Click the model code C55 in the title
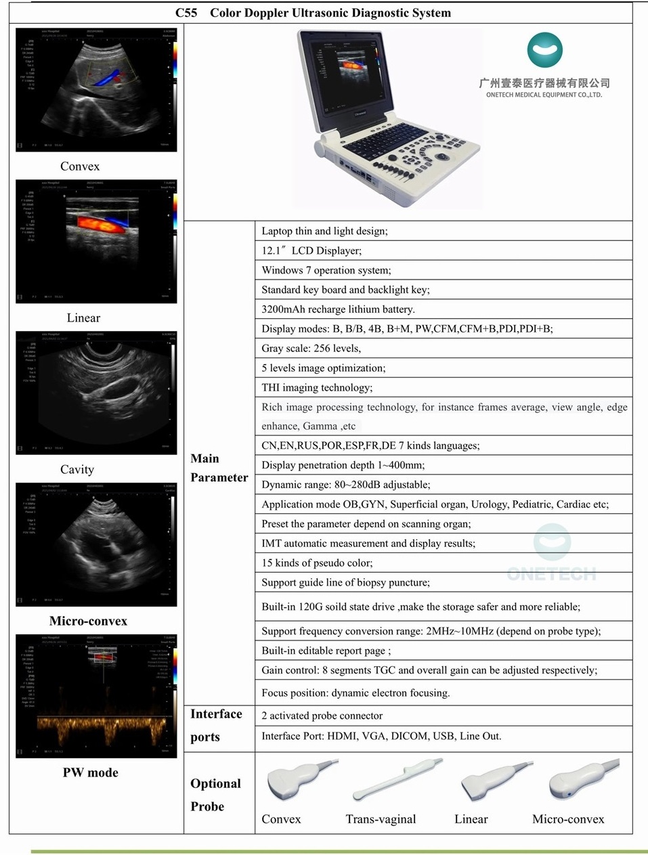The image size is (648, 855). pos(186,13)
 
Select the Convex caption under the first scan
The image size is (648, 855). pos(80,167)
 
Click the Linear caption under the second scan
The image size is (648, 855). pos(83,318)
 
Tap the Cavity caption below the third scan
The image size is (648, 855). pos(77,470)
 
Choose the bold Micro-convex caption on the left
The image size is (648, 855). pos(88,621)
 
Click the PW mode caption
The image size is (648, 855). pos(90,773)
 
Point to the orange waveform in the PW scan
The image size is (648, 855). pos(102,728)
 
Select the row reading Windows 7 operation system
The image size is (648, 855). pos(326,270)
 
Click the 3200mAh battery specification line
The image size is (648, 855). pos(338,309)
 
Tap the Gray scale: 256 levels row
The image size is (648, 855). pos(311,349)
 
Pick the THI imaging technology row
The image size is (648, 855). pos(317,388)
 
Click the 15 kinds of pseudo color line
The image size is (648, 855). pos(317,563)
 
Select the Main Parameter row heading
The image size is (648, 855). pos(219,468)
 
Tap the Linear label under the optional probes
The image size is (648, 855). pos(471,819)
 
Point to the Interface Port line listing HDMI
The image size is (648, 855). pos(381,737)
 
